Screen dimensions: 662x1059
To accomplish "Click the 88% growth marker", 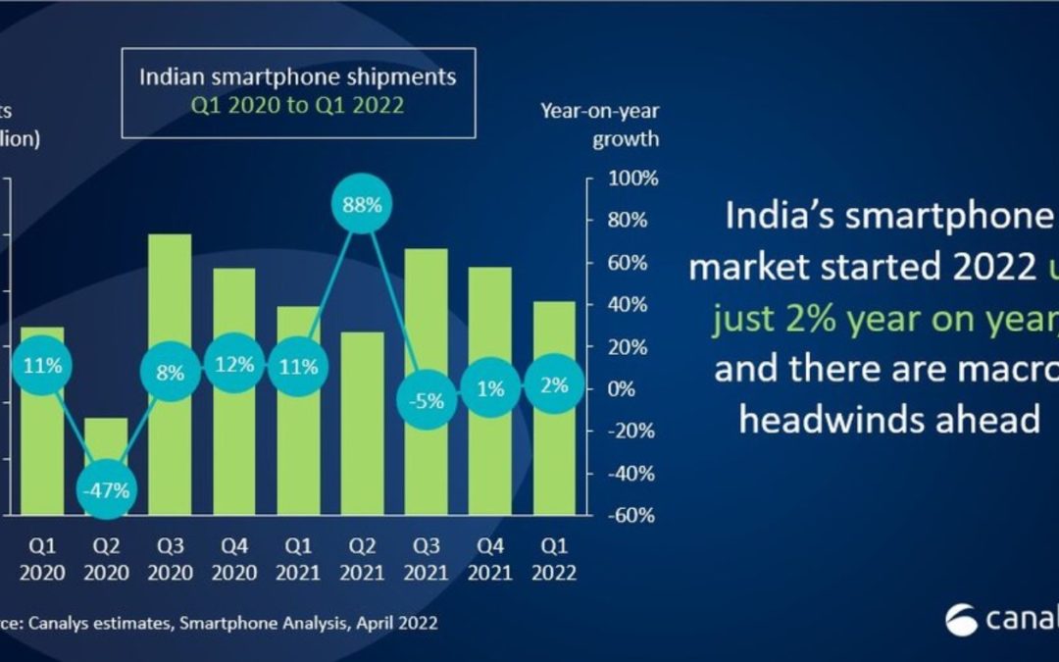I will coord(363,205).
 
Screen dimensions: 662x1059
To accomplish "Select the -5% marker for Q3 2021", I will coord(428,400).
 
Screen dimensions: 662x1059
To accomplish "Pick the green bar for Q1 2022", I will coord(555,451).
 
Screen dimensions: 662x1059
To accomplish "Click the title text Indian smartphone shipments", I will coord(297,76).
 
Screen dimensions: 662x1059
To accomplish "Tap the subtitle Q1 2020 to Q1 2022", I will coord(297,105).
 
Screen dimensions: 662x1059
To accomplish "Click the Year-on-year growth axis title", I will coord(599,125).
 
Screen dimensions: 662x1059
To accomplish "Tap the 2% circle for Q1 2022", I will coord(555,385).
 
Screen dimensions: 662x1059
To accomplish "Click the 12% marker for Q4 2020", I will coord(233,365).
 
